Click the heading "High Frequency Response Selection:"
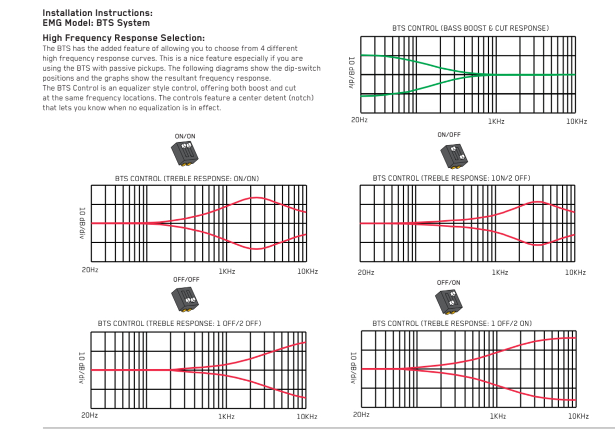[123, 38]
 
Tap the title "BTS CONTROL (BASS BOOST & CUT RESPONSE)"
[470, 28]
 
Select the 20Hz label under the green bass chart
[359, 120]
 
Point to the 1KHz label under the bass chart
[496, 121]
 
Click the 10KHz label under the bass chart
[576, 121]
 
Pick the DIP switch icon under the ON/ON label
[185, 154]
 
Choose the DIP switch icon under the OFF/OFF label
[185, 299]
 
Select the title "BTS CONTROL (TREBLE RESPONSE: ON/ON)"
[187, 179]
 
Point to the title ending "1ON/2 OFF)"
[451, 178]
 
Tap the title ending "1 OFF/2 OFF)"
[179, 323]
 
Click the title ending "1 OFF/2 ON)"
[452, 323]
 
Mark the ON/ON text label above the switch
[185, 136]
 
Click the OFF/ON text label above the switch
[449, 282]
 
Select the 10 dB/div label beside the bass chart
[351, 72]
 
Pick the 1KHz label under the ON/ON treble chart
[226, 271]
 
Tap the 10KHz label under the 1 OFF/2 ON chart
[578, 416]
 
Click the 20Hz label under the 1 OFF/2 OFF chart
[90, 415]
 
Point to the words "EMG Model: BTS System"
[96, 23]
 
